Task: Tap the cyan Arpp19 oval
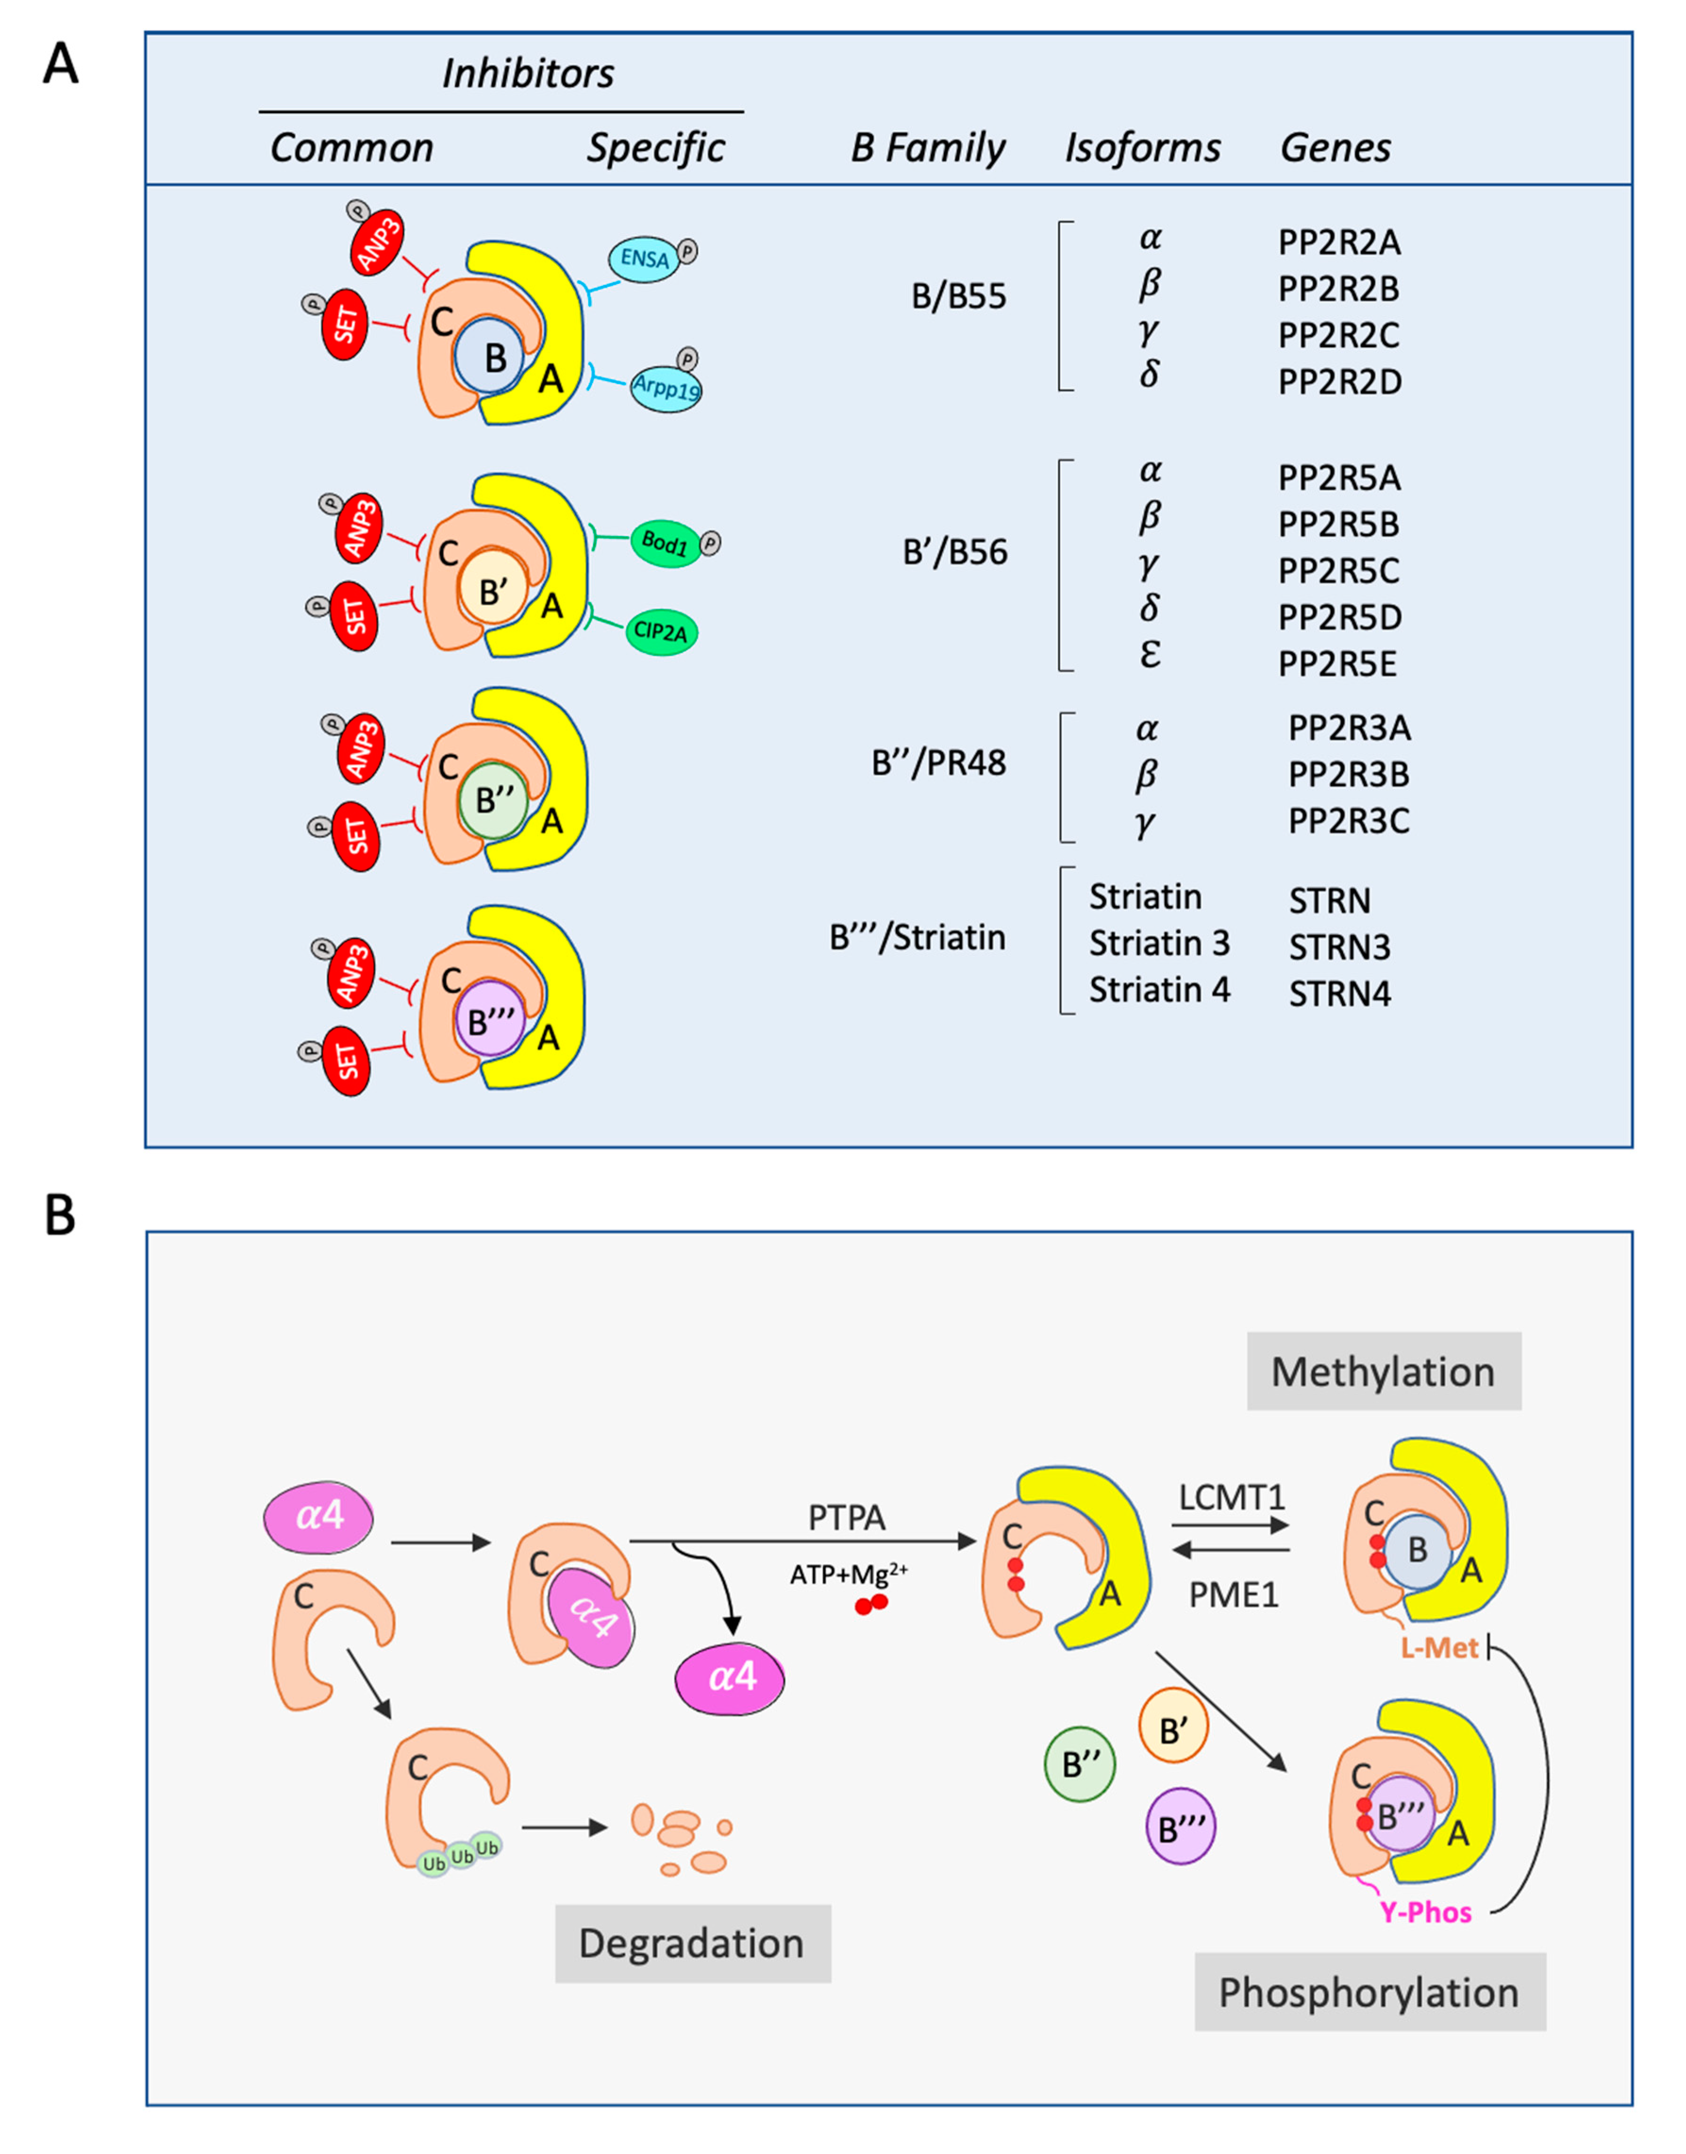click(x=666, y=386)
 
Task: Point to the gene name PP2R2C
click(x=1338, y=335)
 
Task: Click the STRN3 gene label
click(x=1340, y=947)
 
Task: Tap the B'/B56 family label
click(x=954, y=552)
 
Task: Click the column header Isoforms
click(x=1142, y=148)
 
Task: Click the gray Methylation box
click(x=1383, y=1371)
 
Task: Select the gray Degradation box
click(x=692, y=1943)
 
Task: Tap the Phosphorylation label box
click(x=1369, y=1992)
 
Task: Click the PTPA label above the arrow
click(x=846, y=1517)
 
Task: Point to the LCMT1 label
click(x=1232, y=1497)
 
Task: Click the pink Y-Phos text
click(x=1426, y=1912)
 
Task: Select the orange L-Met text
click(x=1439, y=1648)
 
